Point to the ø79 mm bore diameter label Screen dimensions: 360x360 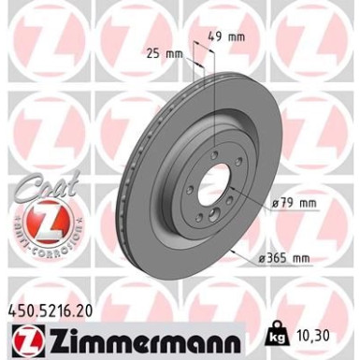click(293, 202)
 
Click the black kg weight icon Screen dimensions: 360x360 click(276, 334)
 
